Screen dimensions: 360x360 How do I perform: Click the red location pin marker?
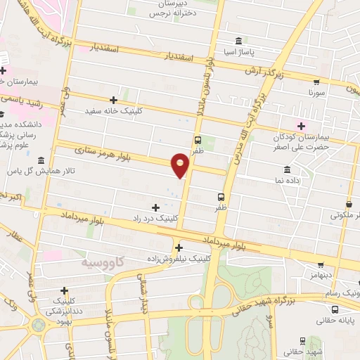(180, 164)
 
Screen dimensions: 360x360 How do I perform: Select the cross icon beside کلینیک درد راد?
(155, 207)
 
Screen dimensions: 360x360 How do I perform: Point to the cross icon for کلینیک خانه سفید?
(115, 100)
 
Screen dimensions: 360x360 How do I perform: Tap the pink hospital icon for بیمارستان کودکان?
(302, 126)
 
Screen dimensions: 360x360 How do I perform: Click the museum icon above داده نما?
(286, 169)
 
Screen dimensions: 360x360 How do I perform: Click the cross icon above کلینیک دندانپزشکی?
(64, 290)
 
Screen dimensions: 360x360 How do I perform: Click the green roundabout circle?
(37, 326)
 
